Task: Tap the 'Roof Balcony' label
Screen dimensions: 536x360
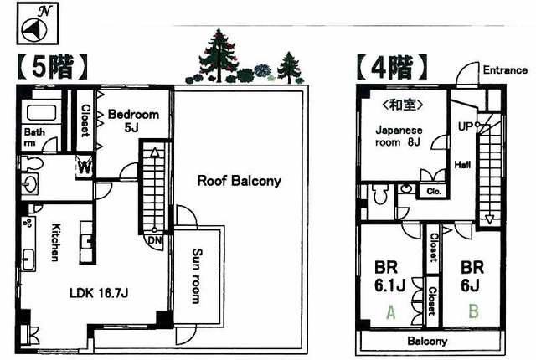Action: point(240,181)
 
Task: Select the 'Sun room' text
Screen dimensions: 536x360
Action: point(198,276)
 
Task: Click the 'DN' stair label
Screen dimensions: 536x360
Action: point(154,240)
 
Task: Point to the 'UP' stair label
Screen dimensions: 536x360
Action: point(466,126)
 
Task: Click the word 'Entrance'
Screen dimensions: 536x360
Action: point(505,70)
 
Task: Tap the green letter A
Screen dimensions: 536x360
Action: point(391,311)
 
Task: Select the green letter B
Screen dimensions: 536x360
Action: point(473,311)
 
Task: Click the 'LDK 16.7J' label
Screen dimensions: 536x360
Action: point(99,293)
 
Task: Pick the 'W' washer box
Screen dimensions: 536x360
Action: point(84,167)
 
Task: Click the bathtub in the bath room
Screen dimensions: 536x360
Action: point(41,113)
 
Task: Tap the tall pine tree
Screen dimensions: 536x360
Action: point(218,55)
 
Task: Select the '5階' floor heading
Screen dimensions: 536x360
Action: point(52,67)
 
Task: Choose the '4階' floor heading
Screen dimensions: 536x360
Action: point(392,67)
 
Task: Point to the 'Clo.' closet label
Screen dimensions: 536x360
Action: point(434,191)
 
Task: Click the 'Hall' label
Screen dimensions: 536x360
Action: point(462,165)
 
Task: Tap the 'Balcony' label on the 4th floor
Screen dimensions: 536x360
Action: point(427,341)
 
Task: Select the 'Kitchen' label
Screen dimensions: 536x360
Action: point(55,242)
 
